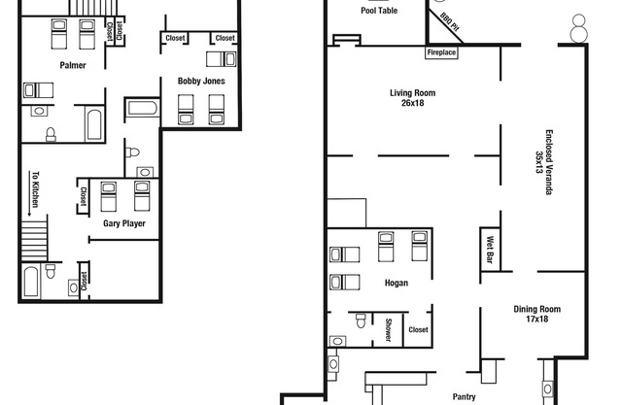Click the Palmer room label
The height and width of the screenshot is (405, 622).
pyautogui.click(x=73, y=65)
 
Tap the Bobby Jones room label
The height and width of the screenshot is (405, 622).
pyautogui.click(x=201, y=81)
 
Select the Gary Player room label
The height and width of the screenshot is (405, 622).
pyautogui.click(x=124, y=223)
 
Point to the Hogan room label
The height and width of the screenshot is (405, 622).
pyautogui.click(x=397, y=283)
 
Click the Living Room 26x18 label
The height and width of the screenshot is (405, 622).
pyautogui.click(x=412, y=98)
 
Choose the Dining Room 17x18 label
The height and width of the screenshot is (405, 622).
pyautogui.click(x=537, y=314)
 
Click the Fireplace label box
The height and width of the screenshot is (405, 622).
pyautogui.click(x=441, y=52)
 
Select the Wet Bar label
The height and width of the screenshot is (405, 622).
pyautogui.click(x=490, y=250)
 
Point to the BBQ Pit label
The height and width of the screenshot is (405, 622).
pyautogui.click(x=450, y=22)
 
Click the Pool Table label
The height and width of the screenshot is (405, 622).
pyautogui.click(x=379, y=11)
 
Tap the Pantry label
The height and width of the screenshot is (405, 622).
pyautogui.click(x=465, y=396)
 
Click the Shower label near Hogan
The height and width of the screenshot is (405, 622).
pyautogui.click(x=389, y=329)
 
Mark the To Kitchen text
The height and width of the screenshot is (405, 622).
pyautogui.click(x=35, y=189)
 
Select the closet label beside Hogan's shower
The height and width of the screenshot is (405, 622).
pyautogui.click(x=418, y=329)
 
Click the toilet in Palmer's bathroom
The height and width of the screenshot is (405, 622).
pyautogui.click(x=51, y=134)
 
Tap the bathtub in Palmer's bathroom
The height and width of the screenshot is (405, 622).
pyautogui.click(x=94, y=124)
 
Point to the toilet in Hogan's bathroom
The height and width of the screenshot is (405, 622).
pyautogui.click(x=361, y=321)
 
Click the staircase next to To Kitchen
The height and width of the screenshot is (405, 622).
pyautogui.click(x=34, y=241)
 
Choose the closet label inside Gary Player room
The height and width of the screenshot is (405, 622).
pyautogui.click(x=84, y=196)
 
